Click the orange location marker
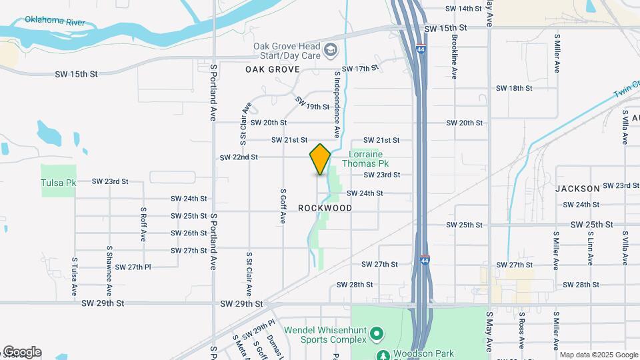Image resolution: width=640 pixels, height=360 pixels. coord(321,159)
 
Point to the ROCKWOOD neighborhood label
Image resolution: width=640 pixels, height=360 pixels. coord(325,208)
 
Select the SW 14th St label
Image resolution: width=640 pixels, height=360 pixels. coord(463,9)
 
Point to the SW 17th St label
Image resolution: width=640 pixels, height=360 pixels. coord(361,69)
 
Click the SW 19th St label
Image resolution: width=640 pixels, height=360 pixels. coord(313,105)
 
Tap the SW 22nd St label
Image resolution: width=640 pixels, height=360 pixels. coord(239,157)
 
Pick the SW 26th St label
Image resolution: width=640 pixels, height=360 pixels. coord(189,233)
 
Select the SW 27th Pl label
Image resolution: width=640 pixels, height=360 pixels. coord(133,267)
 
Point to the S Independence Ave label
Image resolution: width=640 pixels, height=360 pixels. coord(337,95)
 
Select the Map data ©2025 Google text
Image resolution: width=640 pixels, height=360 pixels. coord(598,355)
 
